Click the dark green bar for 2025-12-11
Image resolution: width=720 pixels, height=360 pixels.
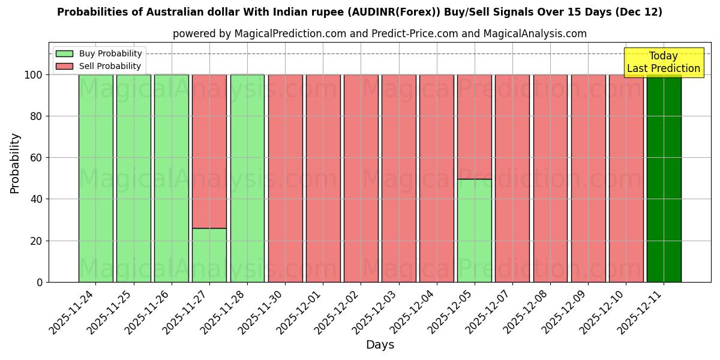(x=664, y=178)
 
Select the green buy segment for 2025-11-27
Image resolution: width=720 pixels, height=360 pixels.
(x=209, y=255)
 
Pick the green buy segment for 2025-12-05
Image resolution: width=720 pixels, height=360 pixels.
(x=475, y=230)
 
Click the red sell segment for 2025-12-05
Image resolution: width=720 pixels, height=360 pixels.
(x=475, y=127)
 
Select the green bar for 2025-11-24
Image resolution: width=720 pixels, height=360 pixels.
(x=95, y=178)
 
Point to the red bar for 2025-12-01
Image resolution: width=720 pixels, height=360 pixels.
(x=323, y=178)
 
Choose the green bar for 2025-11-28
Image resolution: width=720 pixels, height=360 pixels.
(x=247, y=178)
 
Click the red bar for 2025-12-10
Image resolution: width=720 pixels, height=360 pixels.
(x=626, y=178)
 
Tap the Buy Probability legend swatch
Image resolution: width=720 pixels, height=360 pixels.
(x=64, y=54)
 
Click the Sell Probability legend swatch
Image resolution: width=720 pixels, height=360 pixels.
(x=64, y=66)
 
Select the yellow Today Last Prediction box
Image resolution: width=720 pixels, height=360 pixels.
(x=664, y=62)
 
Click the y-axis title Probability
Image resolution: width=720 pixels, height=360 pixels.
(x=15, y=163)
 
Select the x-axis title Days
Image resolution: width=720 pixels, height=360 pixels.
(x=380, y=345)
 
